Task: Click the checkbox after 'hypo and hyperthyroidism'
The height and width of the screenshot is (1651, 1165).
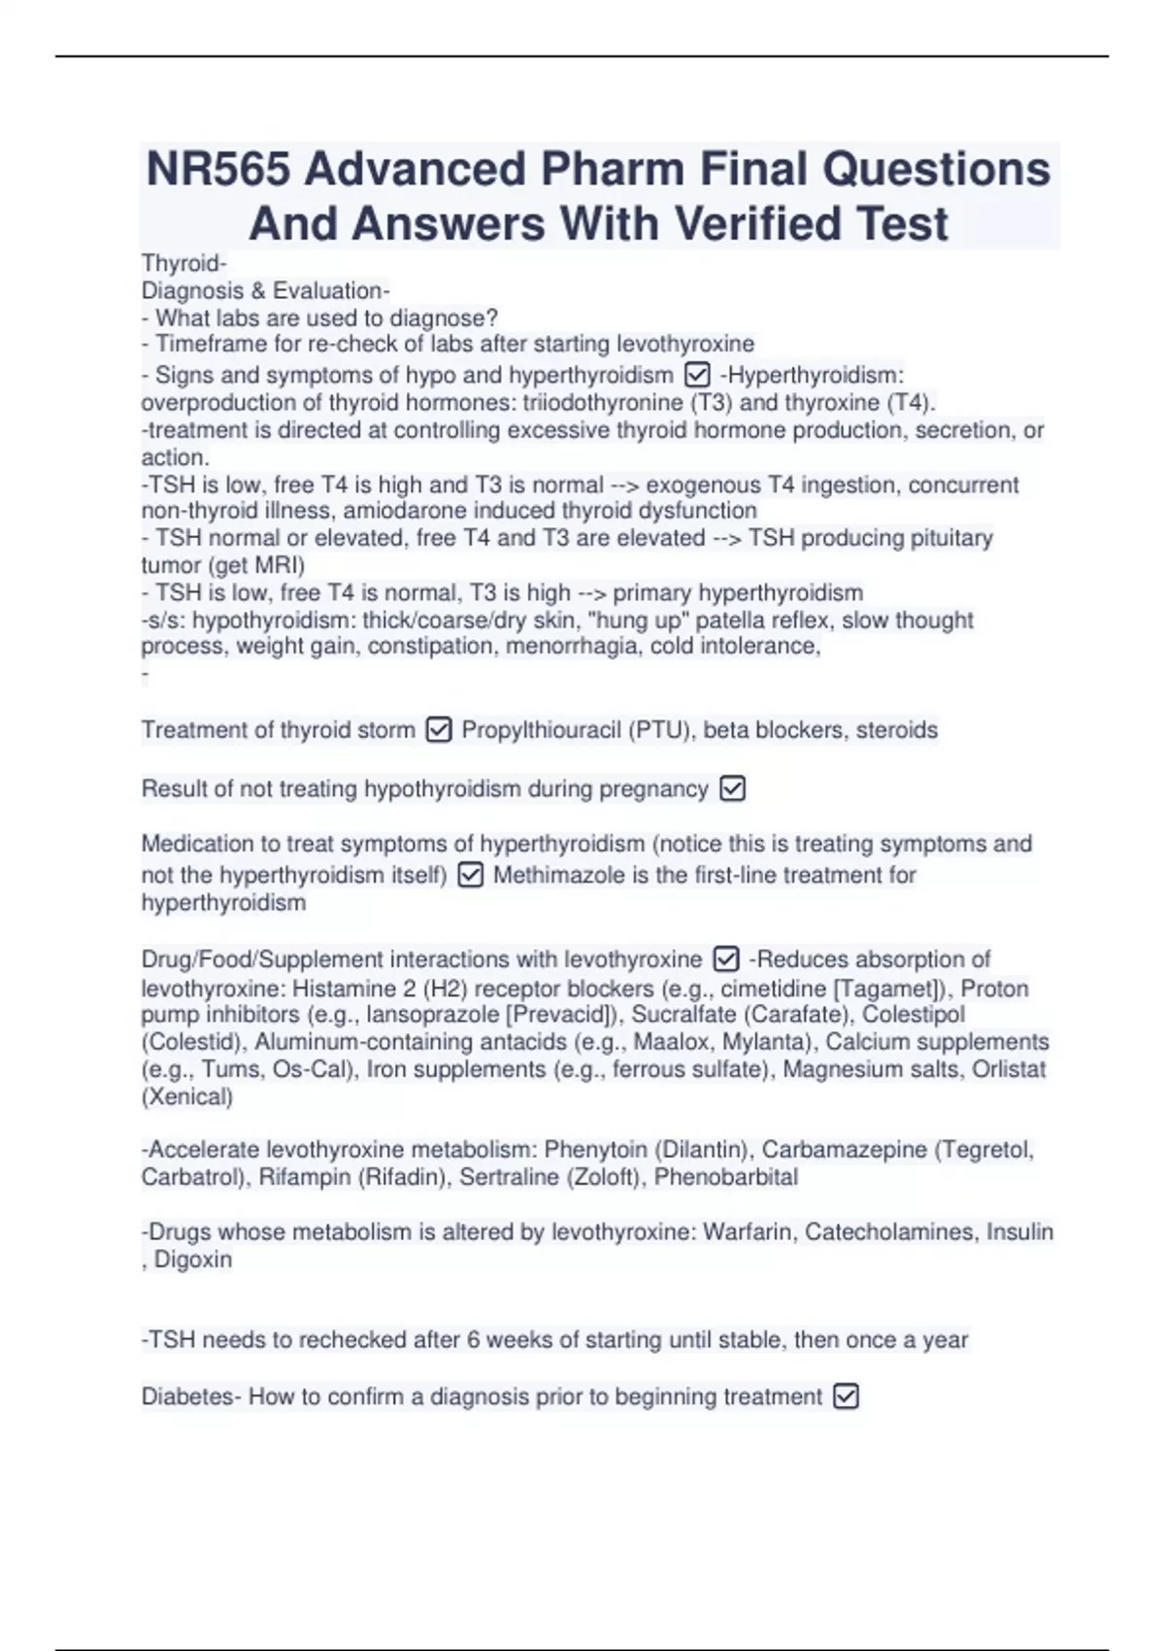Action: coord(697,375)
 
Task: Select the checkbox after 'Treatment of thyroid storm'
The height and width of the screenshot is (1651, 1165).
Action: coord(439,729)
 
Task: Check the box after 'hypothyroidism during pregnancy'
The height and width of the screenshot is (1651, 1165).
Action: coord(733,789)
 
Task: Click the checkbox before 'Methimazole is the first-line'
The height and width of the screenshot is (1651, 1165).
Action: coord(470,875)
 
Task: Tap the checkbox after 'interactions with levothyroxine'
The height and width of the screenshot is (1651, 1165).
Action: coord(726,960)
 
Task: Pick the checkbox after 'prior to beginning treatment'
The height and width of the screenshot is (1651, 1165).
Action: coord(847,1397)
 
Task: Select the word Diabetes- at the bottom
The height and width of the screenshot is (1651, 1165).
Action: coord(191,1397)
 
